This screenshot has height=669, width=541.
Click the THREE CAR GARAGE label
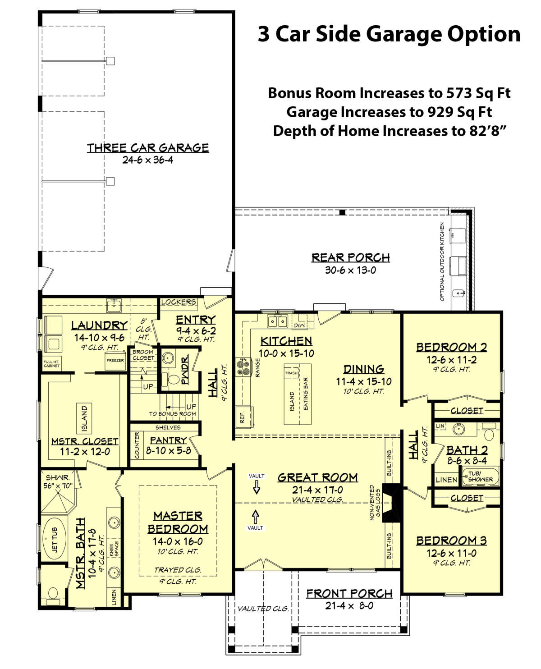[147, 147]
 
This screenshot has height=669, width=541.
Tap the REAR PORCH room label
[350, 257]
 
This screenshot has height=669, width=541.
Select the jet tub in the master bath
[55, 540]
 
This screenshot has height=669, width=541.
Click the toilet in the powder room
[172, 379]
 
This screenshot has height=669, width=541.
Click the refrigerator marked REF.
[244, 417]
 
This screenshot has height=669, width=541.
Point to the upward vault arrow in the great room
[256, 517]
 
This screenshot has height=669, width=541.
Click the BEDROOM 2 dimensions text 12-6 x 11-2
[451, 360]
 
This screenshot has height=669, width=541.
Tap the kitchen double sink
[278, 321]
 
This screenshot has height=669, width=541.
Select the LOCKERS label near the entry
[179, 302]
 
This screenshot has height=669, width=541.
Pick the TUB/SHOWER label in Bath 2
[480, 477]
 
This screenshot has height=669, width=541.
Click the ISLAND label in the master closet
[84, 419]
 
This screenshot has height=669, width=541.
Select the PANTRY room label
[168, 440]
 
